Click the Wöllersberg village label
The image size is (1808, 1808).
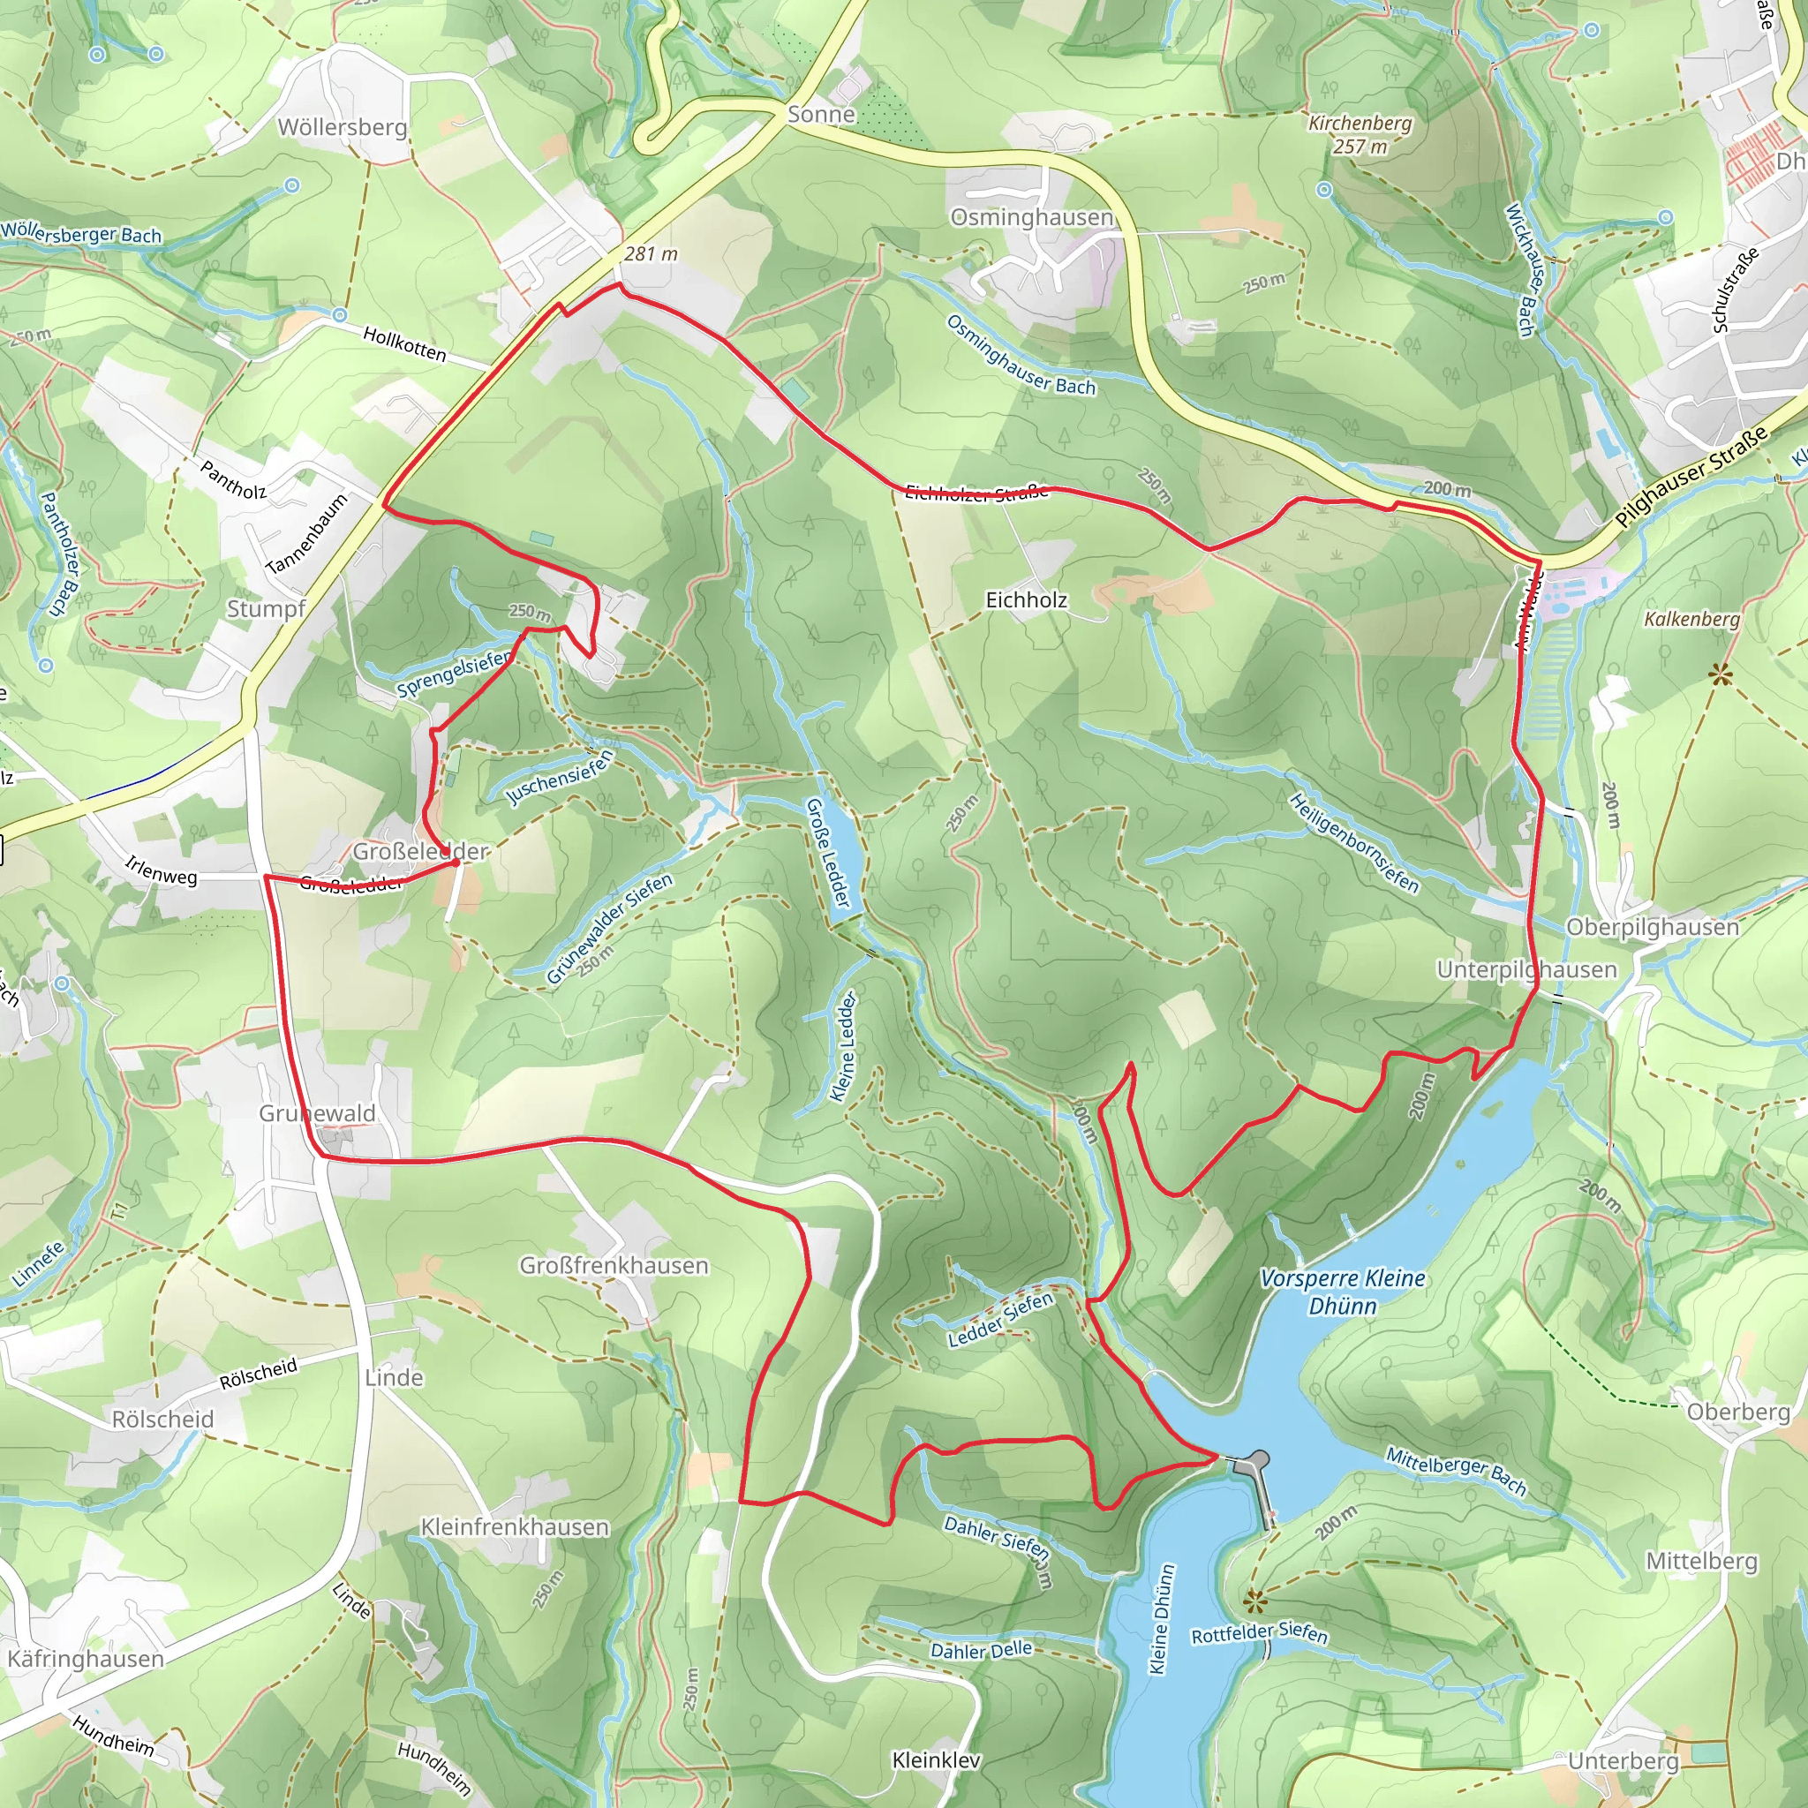tap(342, 126)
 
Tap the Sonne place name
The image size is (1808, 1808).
tap(821, 114)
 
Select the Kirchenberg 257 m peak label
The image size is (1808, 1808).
tap(1360, 135)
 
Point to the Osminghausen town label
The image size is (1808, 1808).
tap(1031, 217)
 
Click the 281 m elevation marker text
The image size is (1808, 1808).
tap(651, 253)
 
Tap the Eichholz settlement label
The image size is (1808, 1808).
tap(1026, 599)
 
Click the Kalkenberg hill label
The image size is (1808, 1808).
tap(1692, 619)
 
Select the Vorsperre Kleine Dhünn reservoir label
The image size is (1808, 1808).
tap(1342, 1292)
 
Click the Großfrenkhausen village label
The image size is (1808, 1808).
tap(614, 1265)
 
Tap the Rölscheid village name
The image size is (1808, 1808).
tap(162, 1419)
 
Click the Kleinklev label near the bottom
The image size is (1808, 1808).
tap(936, 1759)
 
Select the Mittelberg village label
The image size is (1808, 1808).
tap(1701, 1560)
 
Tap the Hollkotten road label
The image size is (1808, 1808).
tap(404, 343)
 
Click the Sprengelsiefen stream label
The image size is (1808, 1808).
tap(454, 673)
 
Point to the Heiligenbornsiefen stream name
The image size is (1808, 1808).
tap(1353, 842)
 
